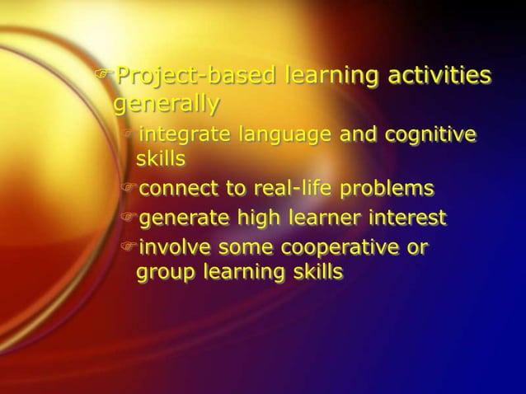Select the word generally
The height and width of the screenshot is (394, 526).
[x=166, y=106]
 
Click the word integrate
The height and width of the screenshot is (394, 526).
[x=182, y=134]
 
